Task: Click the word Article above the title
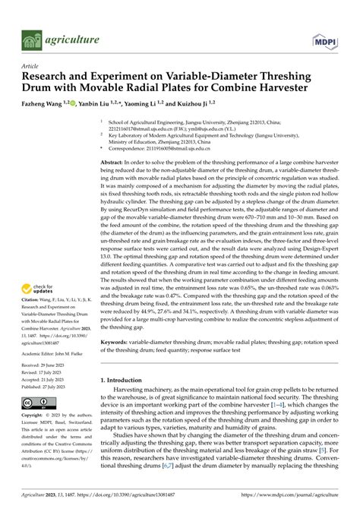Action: (x=30, y=66)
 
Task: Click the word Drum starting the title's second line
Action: (x=36, y=88)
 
